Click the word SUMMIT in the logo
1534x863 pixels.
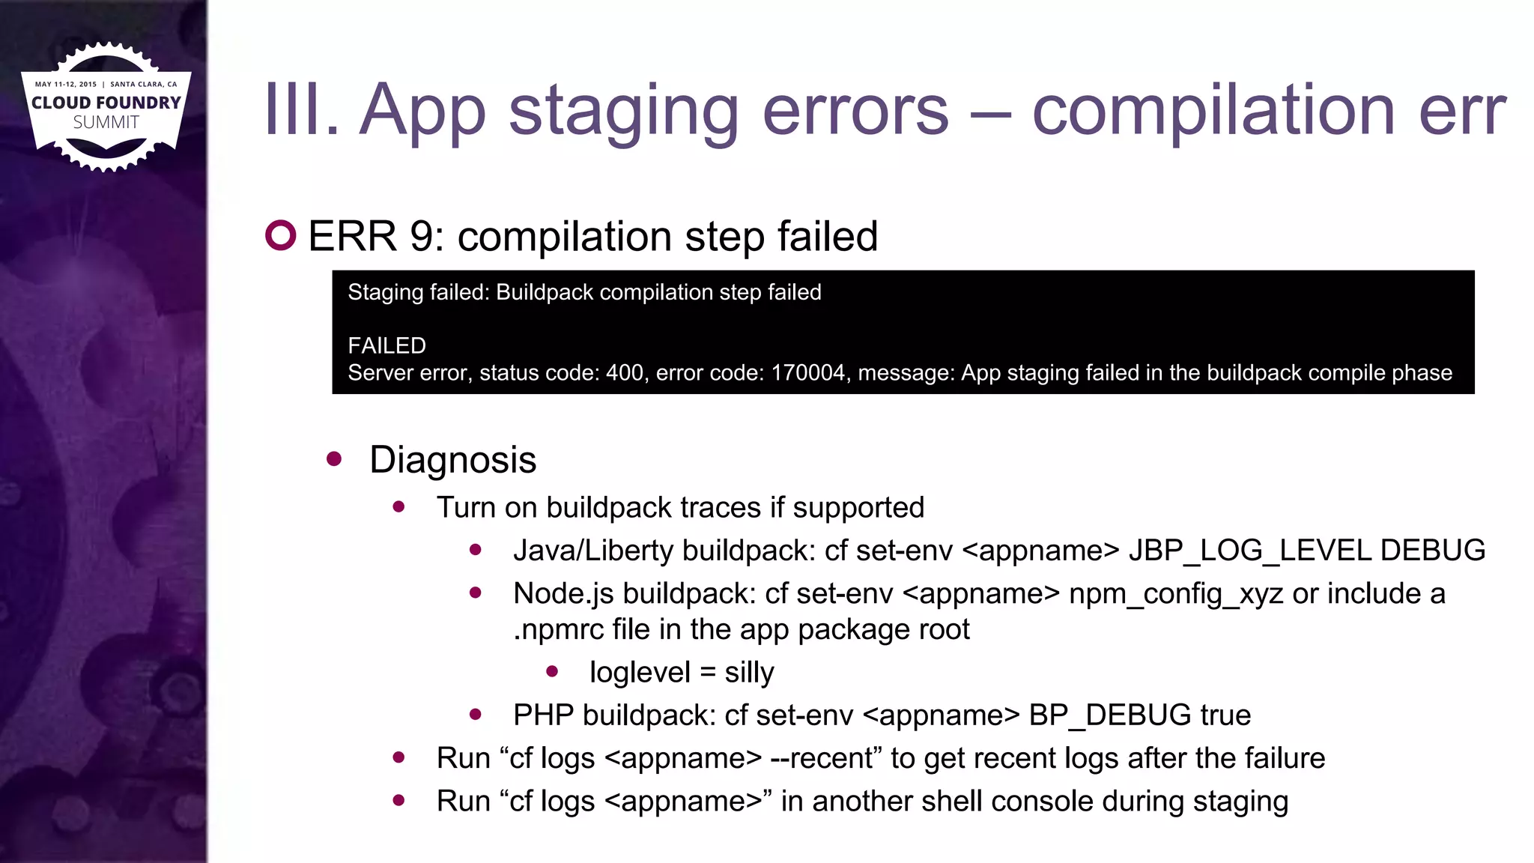[x=106, y=123]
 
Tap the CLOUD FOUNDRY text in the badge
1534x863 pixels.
[x=106, y=103]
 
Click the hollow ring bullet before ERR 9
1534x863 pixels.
[x=281, y=235]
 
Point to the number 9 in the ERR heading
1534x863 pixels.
[x=422, y=237]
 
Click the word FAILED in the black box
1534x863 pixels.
[x=386, y=345]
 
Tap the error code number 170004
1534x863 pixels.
[x=808, y=373]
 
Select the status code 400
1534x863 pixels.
[x=625, y=373]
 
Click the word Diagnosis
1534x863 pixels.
[x=452, y=459]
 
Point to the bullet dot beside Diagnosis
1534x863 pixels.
[x=334, y=458]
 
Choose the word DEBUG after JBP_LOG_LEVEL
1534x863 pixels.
[x=1432, y=551]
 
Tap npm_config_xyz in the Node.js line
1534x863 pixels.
[x=1175, y=593]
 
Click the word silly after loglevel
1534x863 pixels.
[x=749, y=672]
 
